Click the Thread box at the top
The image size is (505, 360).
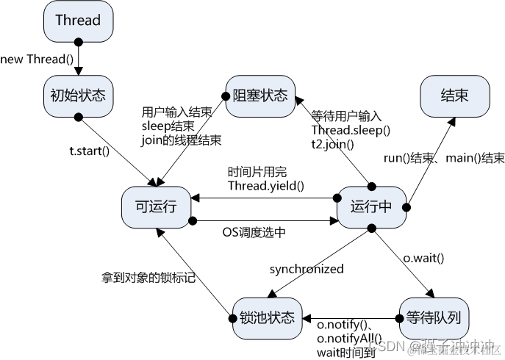point(77,21)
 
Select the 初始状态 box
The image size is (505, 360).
point(77,95)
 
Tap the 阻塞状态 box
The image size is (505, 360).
point(260,96)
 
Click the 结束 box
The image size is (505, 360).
point(454,96)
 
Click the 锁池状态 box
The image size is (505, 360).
point(267,317)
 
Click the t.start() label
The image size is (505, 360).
point(89,151)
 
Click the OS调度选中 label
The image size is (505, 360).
point(264,232)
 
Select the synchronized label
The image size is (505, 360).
point(306,269)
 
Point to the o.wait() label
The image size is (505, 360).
point(425,258)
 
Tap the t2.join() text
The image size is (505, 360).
point(332,144)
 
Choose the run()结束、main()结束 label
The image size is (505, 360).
point(444,158)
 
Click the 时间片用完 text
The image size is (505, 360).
point(257,170)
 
